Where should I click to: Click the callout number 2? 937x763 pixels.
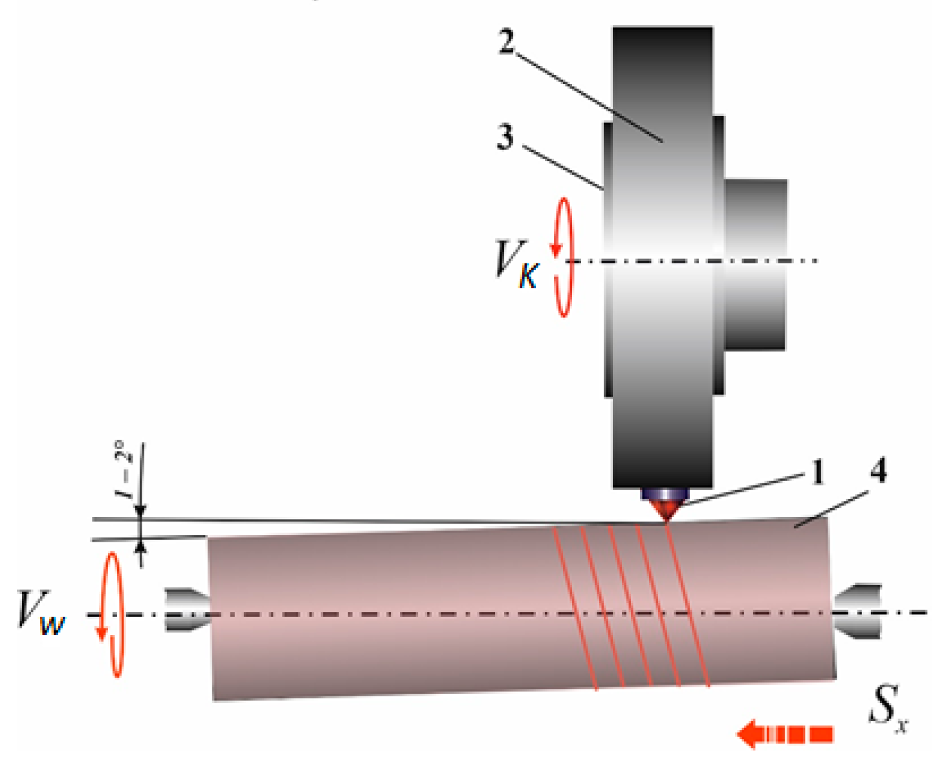tap(507, 42)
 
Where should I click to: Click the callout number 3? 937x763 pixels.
tap(505, 137)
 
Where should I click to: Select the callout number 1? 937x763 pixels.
tap(818, 472)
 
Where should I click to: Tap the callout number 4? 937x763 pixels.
tap(877, 470)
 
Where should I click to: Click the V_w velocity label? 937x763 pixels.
tap(40, 612)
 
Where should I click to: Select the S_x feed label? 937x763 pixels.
tap(887, 709)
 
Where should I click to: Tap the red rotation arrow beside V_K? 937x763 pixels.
tap(564, 257)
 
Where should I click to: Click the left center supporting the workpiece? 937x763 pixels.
tap(186, 609)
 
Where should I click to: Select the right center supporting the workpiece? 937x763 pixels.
tap(857, 610)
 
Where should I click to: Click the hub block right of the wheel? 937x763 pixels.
tap(755, 265)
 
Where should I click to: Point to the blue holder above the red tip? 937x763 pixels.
tap(664, 494)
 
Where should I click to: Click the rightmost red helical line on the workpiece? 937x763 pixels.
tap(688, 605)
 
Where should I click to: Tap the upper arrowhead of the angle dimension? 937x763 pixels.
tap(140, 512)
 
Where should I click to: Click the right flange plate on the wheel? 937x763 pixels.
tap(718, 256)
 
